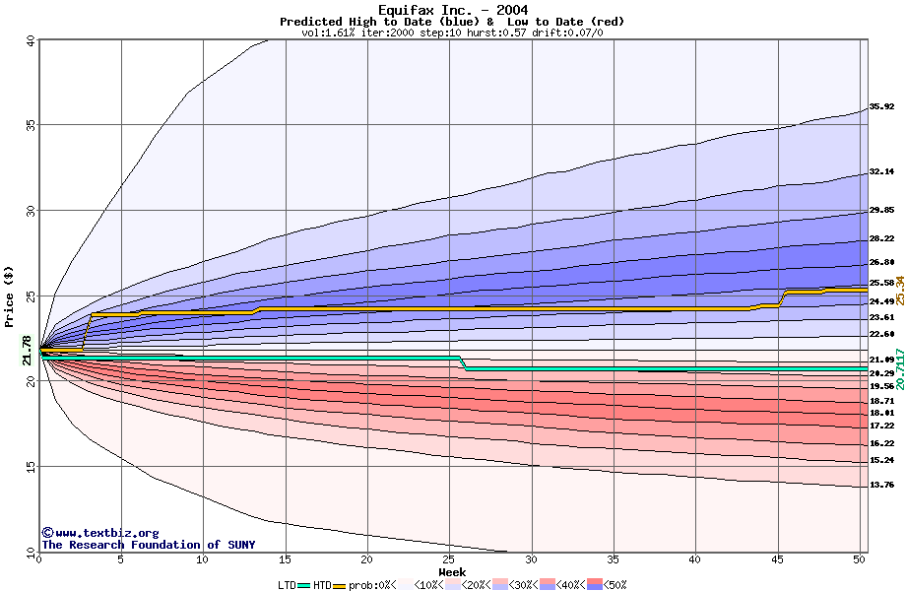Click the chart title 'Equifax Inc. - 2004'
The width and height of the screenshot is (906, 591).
[x=453, y=10]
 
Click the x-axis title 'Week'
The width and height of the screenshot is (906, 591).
[x=452, y=571]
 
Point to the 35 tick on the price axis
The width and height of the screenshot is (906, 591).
[x=30, y=125]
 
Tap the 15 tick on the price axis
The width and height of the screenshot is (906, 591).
[x=30, y=467]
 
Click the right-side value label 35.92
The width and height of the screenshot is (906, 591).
[x=880, y=106]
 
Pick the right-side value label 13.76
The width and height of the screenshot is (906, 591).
[x=880, y=485]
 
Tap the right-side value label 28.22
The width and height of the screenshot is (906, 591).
[x=880, y=238]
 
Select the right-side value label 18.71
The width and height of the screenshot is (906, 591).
[x=880, y=401]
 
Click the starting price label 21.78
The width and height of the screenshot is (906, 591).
[x=27, y=350]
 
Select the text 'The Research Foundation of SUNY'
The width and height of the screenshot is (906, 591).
[x=148, y=545]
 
